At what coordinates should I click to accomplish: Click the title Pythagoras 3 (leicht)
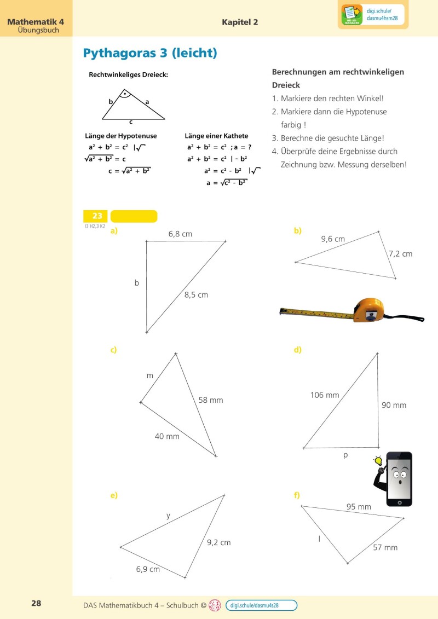tap(150, 53)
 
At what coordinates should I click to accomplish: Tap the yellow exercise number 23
tap(96, 216)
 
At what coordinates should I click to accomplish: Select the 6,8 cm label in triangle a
tap(180, 234)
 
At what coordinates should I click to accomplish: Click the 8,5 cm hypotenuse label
tap(196, 295)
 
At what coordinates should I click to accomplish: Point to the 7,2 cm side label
tap(400, 254)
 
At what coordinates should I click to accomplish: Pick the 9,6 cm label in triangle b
tap(333, 239)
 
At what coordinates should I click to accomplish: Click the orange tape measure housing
tap(371, 310)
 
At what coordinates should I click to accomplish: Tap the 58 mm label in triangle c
tap(211, 400)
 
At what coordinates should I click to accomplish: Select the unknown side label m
tap(149, 376)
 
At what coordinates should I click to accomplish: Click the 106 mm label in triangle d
tap(325, 395)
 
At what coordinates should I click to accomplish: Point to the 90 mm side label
tap(394, 406)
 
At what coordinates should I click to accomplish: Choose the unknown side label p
tap(345, 455)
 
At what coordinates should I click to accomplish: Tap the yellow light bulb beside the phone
tap(377, 461)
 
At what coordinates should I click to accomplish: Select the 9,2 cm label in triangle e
tap(218, 543)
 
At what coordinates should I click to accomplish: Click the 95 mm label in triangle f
tap(359, 507)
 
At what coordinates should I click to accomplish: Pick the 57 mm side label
tap(385, 547)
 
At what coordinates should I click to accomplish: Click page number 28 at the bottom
tap(36, 604)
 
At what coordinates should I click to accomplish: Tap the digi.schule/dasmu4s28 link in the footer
tap(261, 605)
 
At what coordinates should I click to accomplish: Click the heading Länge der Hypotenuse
tap(121, 136)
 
